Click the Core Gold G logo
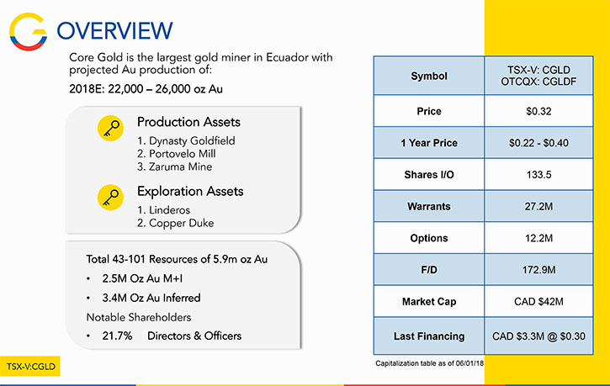(x=28, y=32)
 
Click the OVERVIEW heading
(x=114, y=31)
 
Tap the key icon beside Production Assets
(x=110, y=129)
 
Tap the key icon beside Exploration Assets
(x=110, y=198)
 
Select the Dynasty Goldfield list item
(x=186, y=140)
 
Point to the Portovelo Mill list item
(x=176, y=154)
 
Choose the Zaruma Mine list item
(x=175, y=167)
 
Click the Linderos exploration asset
(x=163, y=210)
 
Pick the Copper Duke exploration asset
(x=176, y=223)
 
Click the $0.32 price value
(x=538, y=111)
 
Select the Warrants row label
(x=429, y=206)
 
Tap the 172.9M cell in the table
(x=538, y=270)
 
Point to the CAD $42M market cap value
(x=538, y=301)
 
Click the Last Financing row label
(x=429, y=336)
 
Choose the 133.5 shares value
(x=538, y=175)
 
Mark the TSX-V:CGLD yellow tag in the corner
(x=30, y=366)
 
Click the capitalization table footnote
(x=429, y=363)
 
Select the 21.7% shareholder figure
(x=117, y=336)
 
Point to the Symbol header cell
(x=429, y=76)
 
